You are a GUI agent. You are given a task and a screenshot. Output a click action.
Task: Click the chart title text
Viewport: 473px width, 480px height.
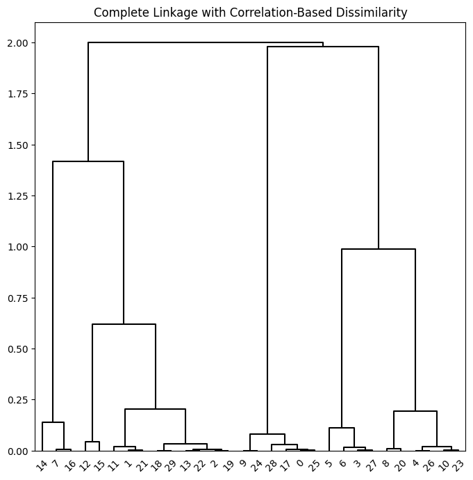(250, 13)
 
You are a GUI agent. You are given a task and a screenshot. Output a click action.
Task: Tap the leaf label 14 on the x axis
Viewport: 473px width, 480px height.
(41, 463)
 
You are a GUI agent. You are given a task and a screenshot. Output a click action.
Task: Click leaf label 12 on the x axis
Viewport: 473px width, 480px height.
(84, 463)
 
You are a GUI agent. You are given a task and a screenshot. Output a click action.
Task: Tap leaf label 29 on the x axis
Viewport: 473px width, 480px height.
(169, 463)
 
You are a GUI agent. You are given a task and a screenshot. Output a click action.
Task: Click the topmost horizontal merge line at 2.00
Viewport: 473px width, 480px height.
(206, 43)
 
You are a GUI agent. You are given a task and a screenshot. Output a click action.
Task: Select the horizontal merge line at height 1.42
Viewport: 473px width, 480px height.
(88, 161)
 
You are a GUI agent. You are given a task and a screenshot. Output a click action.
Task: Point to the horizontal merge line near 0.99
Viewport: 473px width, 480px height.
(379, 249)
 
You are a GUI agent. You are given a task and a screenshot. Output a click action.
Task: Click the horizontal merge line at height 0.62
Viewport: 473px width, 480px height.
(124, 324)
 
